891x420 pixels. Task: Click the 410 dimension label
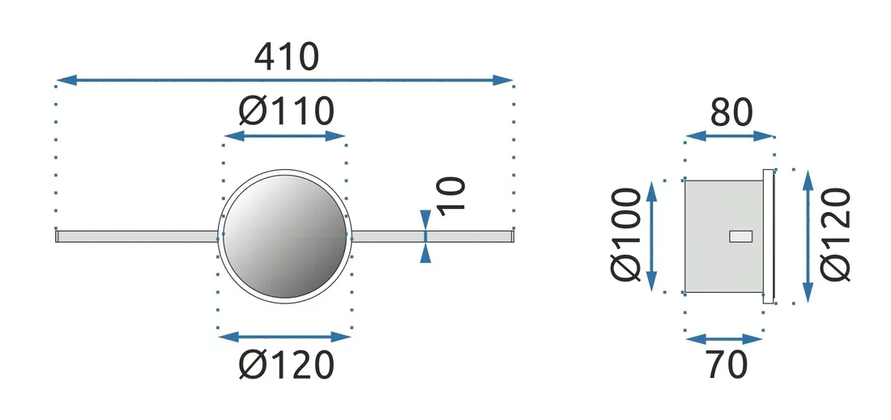tap(287, 57)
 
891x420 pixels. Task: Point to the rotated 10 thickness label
tap(454, 195)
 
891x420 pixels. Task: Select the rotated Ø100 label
tap(629, 235)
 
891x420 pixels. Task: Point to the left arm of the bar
tap(138, 236)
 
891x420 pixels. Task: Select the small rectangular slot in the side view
tap(740, 236)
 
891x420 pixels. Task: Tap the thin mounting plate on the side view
tap(769, 235)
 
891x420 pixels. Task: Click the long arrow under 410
tap(284, 80)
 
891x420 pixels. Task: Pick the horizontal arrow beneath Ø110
tap(285, 136)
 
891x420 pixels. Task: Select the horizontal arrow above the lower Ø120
tap(285, 336)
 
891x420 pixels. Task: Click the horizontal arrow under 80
tap(730, 136)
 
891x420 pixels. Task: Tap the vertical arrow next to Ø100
tap(652, 235)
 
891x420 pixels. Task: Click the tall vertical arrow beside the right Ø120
tap(807, 235)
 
